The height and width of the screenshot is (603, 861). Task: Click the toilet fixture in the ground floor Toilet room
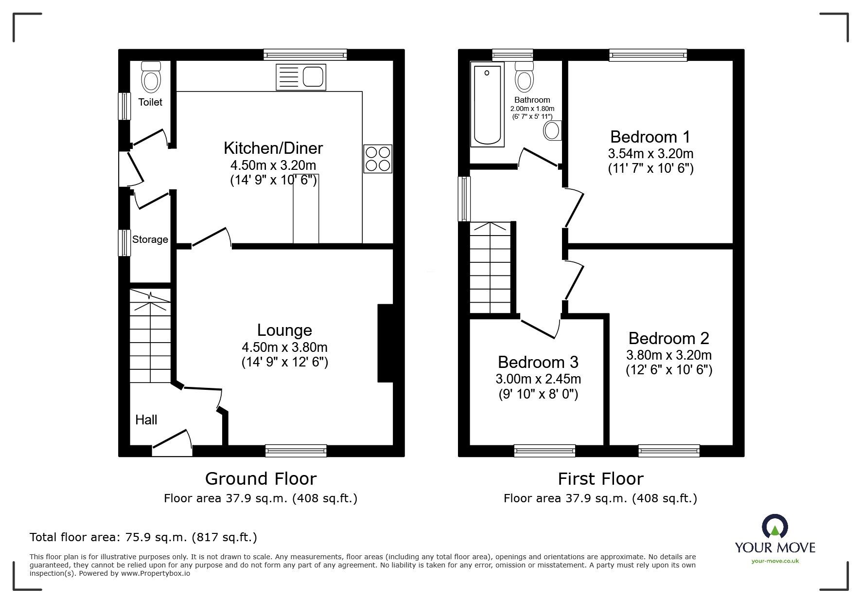(150, 78)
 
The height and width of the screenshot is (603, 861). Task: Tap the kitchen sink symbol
(301, 77)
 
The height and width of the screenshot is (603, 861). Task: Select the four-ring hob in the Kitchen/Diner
(378, 159)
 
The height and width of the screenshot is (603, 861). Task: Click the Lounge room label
(284, 330)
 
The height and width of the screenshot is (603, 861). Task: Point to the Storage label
(150, 239)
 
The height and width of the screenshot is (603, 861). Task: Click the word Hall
(146, 420)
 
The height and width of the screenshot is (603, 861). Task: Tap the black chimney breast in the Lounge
(385, 343)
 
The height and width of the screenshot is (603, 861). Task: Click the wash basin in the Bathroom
(553, 130)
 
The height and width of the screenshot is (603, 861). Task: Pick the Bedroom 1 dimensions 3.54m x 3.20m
(650, 154)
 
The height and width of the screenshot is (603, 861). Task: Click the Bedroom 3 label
(538, 362)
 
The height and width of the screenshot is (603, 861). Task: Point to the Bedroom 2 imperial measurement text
(668, 370)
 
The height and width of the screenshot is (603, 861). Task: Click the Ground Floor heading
(261, 479)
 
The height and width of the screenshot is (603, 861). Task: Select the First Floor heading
(600, 479)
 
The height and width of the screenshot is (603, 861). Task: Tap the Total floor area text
(143, 537)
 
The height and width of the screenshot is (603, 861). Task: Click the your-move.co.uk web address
(775, 561)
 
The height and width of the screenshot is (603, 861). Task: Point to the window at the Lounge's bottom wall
(296, 451)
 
